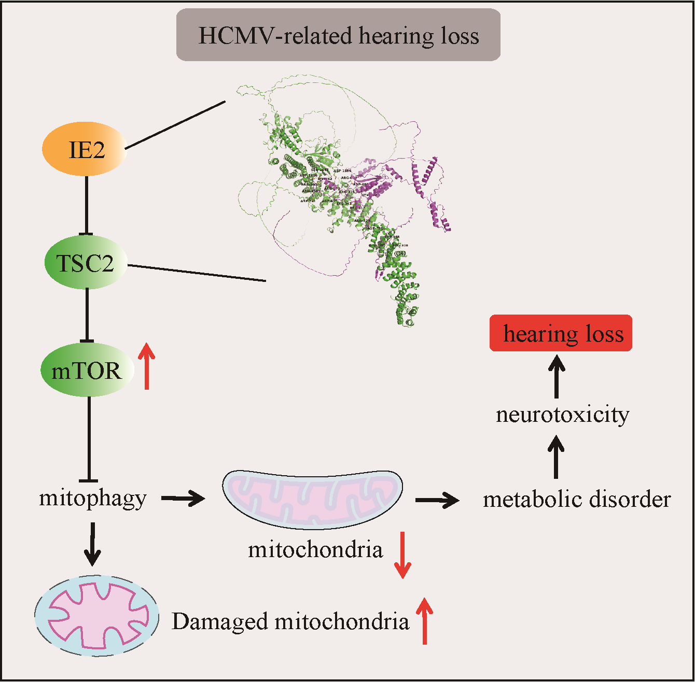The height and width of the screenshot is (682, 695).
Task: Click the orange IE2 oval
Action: click(85, 149)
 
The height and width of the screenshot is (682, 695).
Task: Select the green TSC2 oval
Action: click(86, 263)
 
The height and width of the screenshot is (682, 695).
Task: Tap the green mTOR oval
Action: click(87, 370)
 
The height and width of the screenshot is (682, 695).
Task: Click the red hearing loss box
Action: click(561, 333)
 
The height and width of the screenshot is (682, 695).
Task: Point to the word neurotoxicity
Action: click(563, 415)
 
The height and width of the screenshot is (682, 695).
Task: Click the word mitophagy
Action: click(93, 498)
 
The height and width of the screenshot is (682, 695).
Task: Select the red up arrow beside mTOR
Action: click(147, 366)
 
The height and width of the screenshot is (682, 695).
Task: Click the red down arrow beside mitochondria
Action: click(402, 555)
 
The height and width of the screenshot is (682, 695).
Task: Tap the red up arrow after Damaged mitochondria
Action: click(425, 621)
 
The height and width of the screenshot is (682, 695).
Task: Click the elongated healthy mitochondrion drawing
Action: click(313, 499)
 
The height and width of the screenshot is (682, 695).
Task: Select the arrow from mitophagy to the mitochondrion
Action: click(183, 499)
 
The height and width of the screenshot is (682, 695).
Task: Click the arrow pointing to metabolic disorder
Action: click(437, 500)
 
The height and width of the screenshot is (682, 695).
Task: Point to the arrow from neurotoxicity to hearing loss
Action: click(557, 376)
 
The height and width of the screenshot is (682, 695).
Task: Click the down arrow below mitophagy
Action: click(92, 544)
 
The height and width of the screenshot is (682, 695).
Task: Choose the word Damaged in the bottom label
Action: click(219, 621)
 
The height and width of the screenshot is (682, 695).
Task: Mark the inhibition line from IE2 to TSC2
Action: click(87, 205)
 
